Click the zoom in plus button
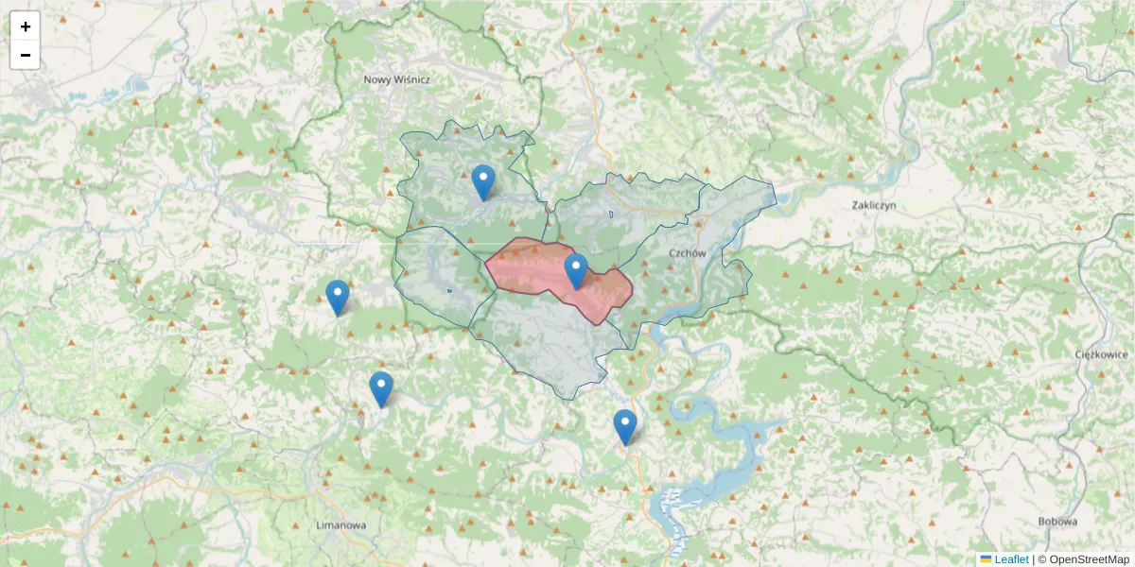click(26, 26)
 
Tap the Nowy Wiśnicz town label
click(397, 80)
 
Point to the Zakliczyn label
click(873, 205)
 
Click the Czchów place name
click(688, 253)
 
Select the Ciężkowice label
click(1102, 354)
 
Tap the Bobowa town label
click(1058, 521)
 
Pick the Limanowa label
click(341, 524)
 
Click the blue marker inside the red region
click(576, 270)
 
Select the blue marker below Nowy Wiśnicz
click(483, 181)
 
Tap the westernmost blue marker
click(338, 297)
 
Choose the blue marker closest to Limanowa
click(381, 388)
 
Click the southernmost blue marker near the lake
click(625, 425)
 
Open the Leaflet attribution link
click(1011, 559)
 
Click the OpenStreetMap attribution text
click(1089, 559)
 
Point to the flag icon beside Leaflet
click(986, 559)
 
